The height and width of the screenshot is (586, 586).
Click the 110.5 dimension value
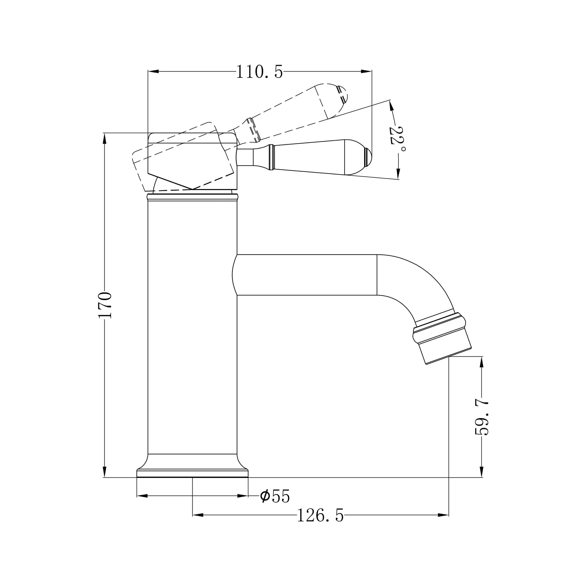pos(259,72)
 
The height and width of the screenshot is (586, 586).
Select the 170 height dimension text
pos(105,305)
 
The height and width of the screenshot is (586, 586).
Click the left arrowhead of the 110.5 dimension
pos(153,72)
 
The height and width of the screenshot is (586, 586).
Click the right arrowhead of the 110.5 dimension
pos(366,72)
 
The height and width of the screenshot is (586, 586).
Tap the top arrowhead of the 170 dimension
pos(105,138)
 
